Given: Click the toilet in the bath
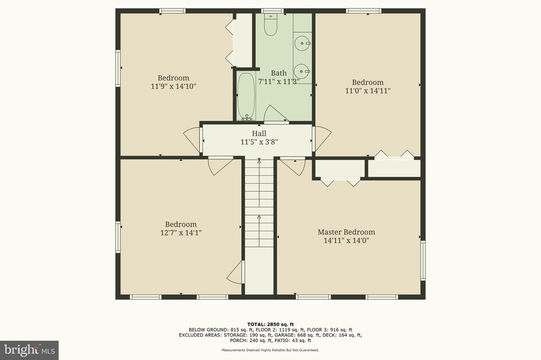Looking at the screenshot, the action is tap(270, 24).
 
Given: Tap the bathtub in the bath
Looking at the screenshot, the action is tap(246, 96).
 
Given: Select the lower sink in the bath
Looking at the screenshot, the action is tap(302, 71).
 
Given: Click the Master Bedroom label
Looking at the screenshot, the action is tap(346, 232).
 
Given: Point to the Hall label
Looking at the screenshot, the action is tap(259, 134).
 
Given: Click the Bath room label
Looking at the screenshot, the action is tap(278, 73).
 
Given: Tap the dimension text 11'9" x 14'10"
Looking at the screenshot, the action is tap(173, 86).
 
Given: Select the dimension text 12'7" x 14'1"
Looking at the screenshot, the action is tap(181, 233).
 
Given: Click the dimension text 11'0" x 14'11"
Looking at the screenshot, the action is tap(368, 91).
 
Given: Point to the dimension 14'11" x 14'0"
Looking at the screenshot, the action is tap(347, 241).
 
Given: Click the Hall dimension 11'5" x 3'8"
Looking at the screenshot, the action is tap(259, 141).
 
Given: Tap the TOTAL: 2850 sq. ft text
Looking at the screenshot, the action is tap(270, 324).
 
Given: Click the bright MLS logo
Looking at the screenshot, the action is tap(30, 350).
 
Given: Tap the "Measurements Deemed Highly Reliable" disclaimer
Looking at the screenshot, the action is tap(270, 350).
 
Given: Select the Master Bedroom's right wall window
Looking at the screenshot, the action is tap(423, 261).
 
